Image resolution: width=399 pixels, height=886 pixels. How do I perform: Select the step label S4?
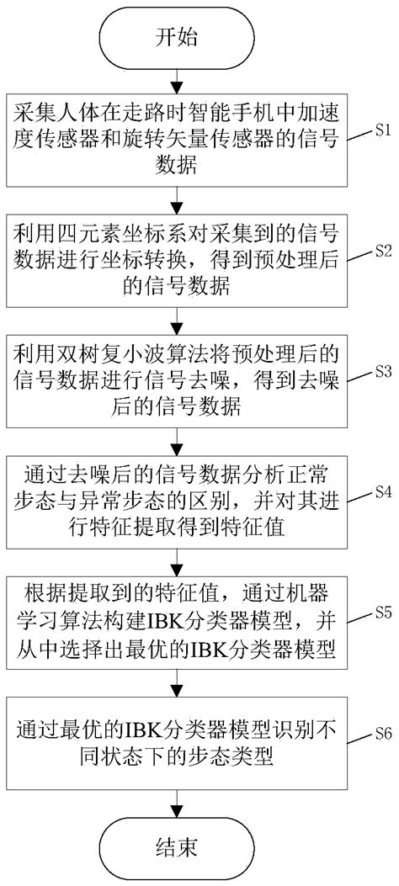(x=378, y=491)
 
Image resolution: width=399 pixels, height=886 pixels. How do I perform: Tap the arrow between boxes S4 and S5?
(x=176, y=560)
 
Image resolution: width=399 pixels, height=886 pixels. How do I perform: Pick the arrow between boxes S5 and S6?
(x=176, y=681)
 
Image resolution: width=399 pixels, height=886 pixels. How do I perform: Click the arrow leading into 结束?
(x=176, y=799)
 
